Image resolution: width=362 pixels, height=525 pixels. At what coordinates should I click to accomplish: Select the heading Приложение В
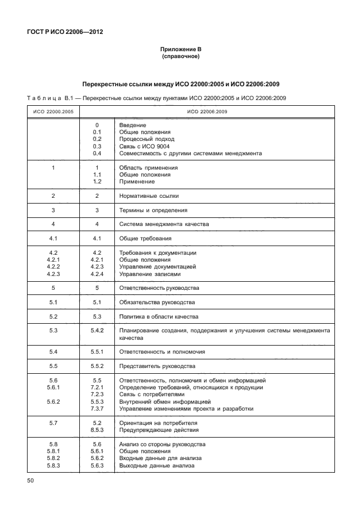click(181, 51)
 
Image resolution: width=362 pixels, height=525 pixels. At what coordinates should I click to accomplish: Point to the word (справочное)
click(181, 58)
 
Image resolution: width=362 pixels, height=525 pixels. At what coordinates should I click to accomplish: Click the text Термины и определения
click(153, 210)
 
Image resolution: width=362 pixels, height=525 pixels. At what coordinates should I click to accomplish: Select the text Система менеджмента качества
click(164, 224)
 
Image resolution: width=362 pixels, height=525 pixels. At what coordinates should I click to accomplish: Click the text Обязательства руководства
click(157, 302)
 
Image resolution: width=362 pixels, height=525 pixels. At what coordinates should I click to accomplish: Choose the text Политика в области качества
click(158, 317)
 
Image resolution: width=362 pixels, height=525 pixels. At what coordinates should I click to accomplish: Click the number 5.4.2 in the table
click(97, 331)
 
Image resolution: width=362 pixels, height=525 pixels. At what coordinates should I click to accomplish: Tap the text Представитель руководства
click(157, 366)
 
